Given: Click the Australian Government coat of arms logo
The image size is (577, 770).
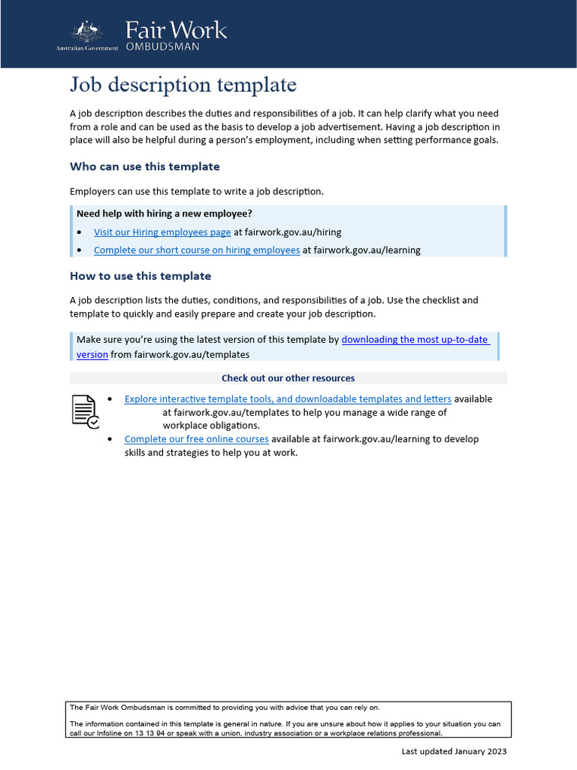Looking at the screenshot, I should pyautogui.click(x=86, y=32).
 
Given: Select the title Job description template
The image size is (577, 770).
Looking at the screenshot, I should pyautogui.click(x=183, y=85).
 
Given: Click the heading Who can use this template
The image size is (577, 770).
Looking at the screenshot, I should pyautogui.click(x=145, y=166).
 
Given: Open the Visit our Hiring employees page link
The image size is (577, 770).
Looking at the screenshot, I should pyautogui.click(x=162, y=232).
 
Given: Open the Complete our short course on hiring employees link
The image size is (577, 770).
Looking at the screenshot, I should pyautogui.click(x=197, y=250).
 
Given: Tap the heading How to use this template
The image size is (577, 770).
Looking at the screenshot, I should pyautogui.click(x=140, y=276).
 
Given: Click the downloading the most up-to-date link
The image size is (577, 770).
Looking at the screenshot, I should pyautogui.click(x=415, y=339).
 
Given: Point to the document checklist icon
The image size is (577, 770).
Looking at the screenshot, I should pyautogui.click(x=85, y=411).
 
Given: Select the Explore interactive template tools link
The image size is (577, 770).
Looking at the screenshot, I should pyautogui.click(x=288, y=399).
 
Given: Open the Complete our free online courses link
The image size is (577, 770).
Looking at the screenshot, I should pyautogui.click(x=196, y=438).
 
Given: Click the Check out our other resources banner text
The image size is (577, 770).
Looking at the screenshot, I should pyautogui.click(x=288, y=378).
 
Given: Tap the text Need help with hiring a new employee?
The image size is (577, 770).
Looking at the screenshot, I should pyautogui.click(x=165, y=214).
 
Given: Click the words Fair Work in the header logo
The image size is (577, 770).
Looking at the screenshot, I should pyautogui.click(x=176, y=30).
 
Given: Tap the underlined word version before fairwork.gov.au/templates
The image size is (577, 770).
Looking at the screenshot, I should pyautogui.click(x=92, y=354).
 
